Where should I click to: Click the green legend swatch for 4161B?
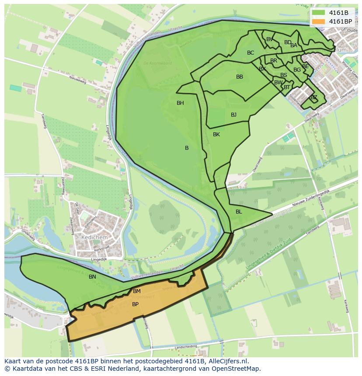[319, 13]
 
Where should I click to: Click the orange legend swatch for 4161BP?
[319, 21]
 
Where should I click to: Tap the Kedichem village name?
[94, 236]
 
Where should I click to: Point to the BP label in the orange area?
[135, 304]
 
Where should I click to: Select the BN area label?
[92, 277]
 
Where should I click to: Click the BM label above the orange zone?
[137, 291]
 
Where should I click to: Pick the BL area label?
[239, 212]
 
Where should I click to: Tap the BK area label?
[216, 135]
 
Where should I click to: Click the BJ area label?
[233, 115]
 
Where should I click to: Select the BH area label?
[180, 103]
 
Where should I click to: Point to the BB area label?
[240, 77]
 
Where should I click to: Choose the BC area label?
[251, 53]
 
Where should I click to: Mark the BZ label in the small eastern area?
[313, 97]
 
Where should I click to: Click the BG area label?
[297, 70]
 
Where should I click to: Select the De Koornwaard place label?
[158, 63]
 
